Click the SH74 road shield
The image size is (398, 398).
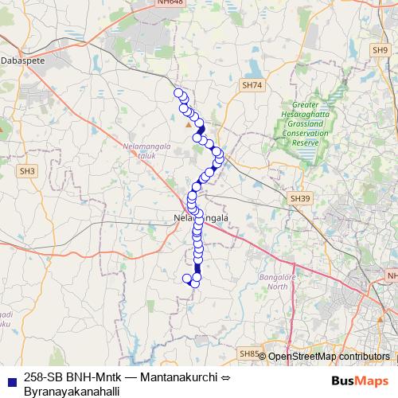[x=252, y=84]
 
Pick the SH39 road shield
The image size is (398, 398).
[x=299, y=198]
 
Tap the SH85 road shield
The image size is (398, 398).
[x=248, y=353]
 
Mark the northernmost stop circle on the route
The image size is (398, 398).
[x=178, y=92]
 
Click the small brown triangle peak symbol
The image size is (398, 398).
[x=189, y=124]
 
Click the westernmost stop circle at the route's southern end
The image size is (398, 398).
[x=188, y=279]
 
